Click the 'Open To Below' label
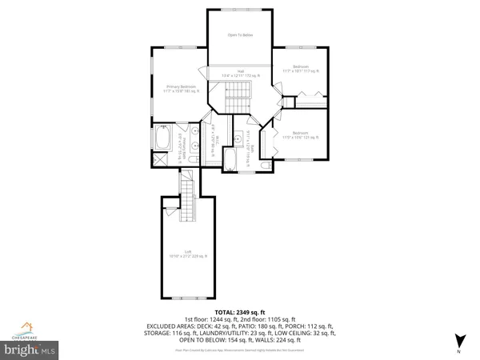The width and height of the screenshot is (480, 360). (x=240, y=35)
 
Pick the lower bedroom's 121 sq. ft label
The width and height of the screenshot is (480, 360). (x=300, y=135)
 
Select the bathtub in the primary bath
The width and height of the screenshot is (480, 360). (x=160, y=141)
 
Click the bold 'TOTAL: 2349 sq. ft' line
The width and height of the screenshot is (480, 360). (x=240, y=311)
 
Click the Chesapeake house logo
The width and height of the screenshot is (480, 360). (x=29, y=328)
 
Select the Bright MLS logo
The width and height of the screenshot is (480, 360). (x=30, y=349)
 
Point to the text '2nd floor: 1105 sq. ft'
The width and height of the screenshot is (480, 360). (x=277, y=318)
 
